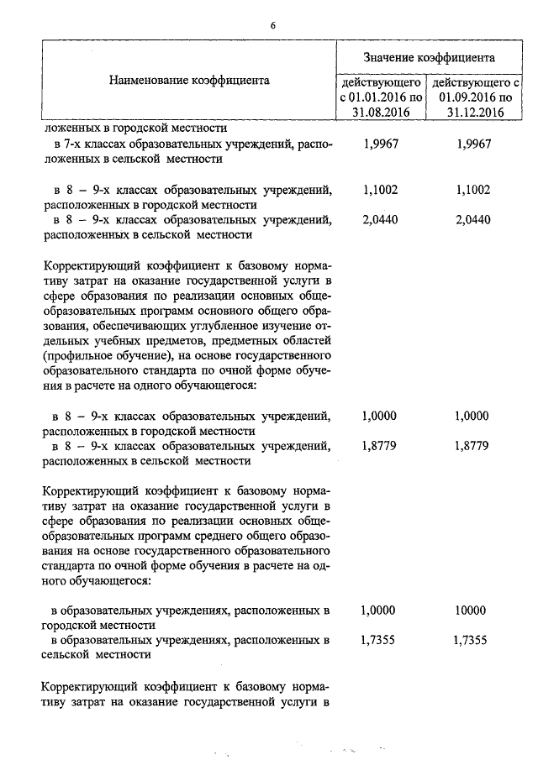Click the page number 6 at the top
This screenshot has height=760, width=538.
click(273, 24)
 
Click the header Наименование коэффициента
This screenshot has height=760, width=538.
click(188, 81)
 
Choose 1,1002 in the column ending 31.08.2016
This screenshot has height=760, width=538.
click(380, 190)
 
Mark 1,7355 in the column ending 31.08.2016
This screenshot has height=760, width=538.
click(380, 641)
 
